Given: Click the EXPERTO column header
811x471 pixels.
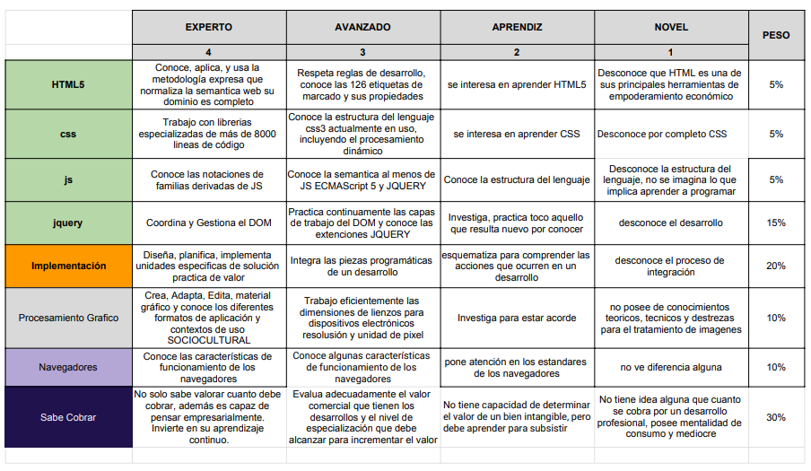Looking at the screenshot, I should [208, 27].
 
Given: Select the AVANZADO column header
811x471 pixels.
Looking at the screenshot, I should [362, 27].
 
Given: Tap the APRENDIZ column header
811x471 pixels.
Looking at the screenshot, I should [516, 27].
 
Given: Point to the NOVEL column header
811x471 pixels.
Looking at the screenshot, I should [671, 27].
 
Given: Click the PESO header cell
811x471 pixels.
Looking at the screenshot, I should [776, 35].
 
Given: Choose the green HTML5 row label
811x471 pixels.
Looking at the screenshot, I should [68, 84].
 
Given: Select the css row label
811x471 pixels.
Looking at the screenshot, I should [68, 134].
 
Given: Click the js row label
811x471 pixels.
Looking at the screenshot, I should [68, 179].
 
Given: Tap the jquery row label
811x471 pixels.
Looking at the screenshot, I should [68, 222].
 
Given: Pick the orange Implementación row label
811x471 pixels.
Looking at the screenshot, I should [68, 266].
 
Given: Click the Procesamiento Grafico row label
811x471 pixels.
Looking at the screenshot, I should [68, 318].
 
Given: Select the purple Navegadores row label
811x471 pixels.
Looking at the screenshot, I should [68, 367].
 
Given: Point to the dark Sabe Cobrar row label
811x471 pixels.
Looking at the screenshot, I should [68, 417].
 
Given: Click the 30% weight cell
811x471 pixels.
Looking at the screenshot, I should [776, 417].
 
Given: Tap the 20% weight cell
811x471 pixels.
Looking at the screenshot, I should [776, 266].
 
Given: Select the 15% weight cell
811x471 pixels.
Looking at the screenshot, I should [776, 222].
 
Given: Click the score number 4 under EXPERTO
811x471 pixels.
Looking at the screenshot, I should [208, 52].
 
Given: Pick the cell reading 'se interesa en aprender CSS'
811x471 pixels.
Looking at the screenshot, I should [516, 134].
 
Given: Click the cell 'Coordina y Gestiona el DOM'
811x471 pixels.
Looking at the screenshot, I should [208, 222].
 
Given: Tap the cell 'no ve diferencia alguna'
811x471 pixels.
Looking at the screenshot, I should [671, 367].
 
